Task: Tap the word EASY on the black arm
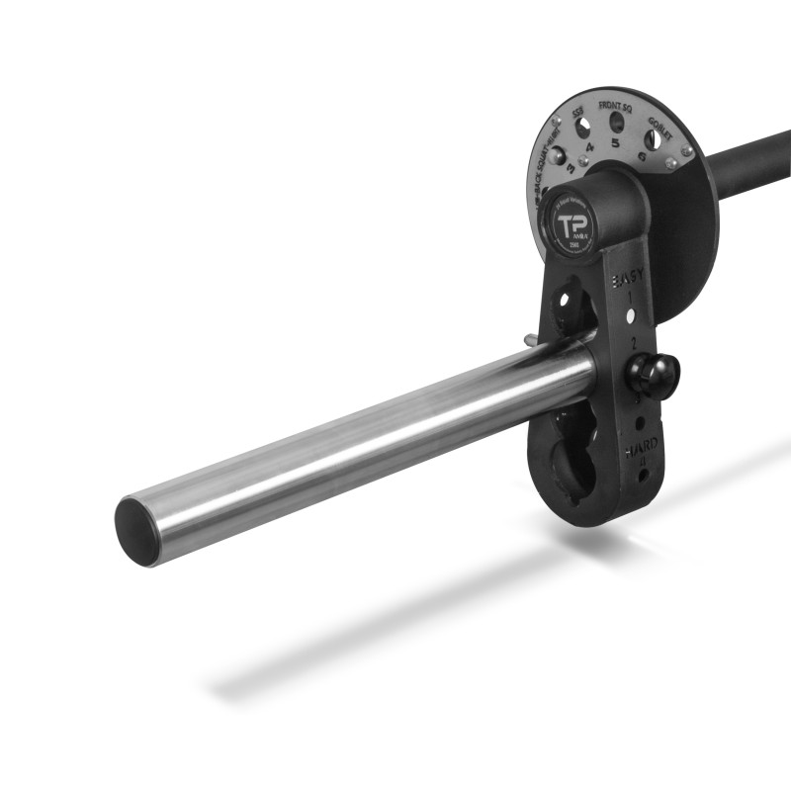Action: pos(628,281)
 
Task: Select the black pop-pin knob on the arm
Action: pos(653,376)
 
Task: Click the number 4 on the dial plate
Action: pos(588,148)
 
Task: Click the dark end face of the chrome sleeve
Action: pos(137,532)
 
